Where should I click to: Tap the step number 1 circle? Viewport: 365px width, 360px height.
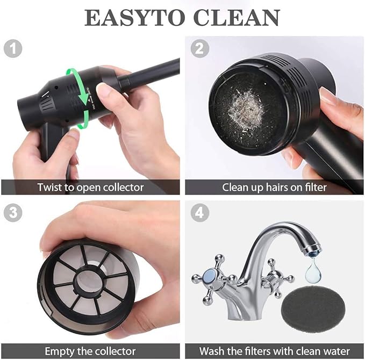click(x=13, y=49)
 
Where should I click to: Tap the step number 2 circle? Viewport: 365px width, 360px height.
click(x=200, y=49)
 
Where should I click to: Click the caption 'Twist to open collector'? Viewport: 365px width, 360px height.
click(x=90, y=187)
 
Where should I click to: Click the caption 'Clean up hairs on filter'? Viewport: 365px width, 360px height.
click(x=274, y=187)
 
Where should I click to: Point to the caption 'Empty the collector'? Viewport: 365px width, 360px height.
click(x=90, y=351)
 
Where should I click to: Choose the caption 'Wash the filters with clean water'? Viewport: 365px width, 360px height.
click(x=274, y=351)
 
